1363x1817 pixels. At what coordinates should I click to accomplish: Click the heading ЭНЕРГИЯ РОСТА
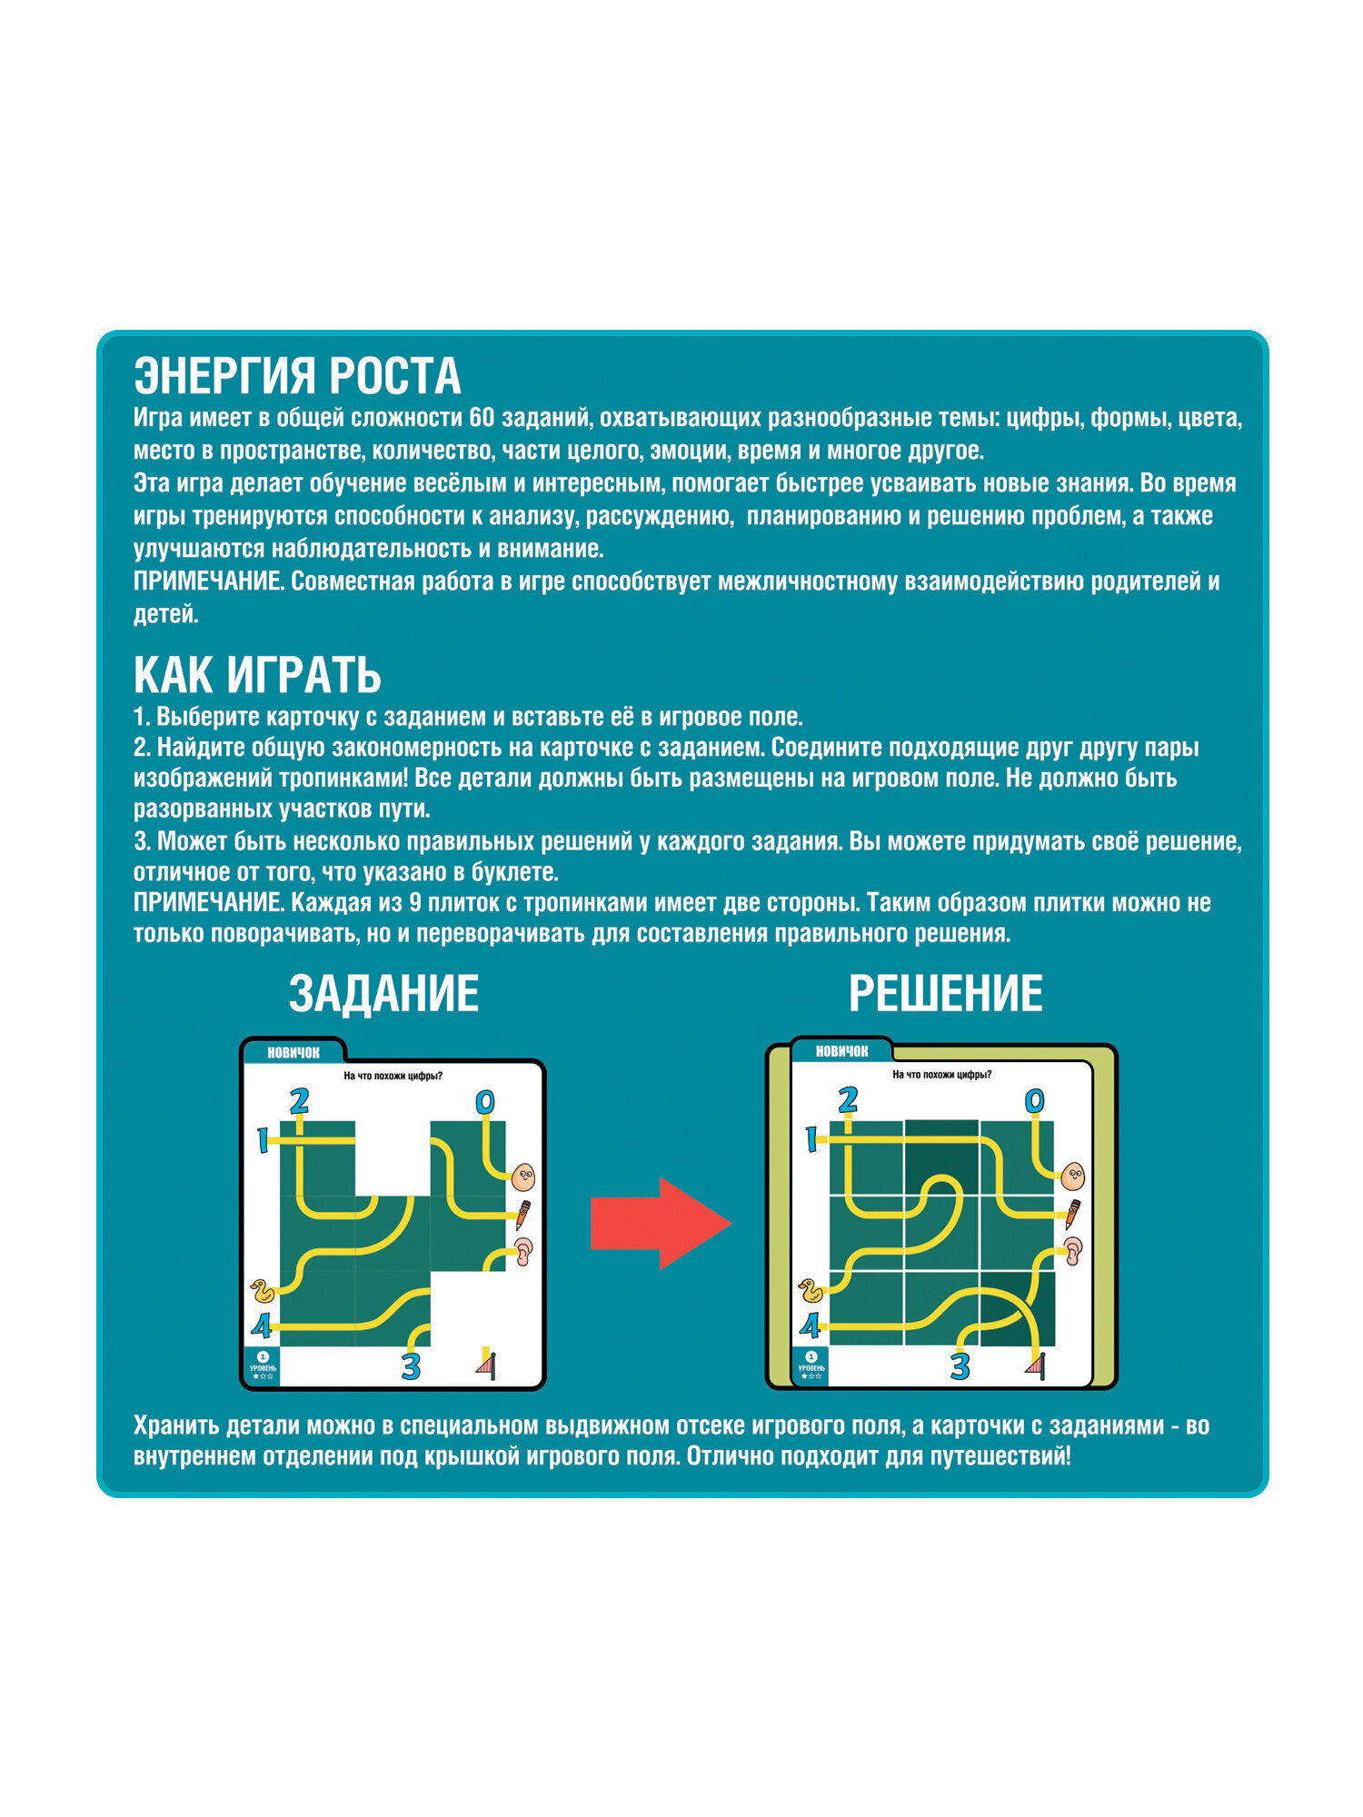(297, 375)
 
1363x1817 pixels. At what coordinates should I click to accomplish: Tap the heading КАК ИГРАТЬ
(257, 675)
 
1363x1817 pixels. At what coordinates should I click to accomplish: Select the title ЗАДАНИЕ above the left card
(383, 993)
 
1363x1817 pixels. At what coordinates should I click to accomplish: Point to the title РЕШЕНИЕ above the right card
(945, 993)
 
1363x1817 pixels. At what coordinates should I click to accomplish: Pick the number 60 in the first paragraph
(481, 418)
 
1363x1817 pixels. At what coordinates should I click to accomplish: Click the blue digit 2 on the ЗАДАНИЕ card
(299, 1101)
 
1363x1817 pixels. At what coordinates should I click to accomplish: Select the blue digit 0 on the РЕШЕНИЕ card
(1034, 1101)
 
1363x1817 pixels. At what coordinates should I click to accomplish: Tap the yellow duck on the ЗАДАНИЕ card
(262, 1290)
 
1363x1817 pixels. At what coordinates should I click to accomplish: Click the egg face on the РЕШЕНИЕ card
(1072, 1177)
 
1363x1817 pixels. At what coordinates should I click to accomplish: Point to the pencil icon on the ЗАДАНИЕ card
(523, 1214)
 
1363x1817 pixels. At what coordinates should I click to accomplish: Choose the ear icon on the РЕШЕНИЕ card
(1073, 1252)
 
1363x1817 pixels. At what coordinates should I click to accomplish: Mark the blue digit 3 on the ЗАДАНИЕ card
(411, 1365)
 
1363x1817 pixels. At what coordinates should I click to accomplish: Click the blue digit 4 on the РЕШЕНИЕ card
(810, 1326)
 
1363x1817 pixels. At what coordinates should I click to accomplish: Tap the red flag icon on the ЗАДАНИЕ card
(488, 1364)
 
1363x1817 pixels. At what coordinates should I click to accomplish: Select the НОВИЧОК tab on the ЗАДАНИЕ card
(293, 1053)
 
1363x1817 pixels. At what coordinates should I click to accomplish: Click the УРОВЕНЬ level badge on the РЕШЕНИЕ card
(811, 1365)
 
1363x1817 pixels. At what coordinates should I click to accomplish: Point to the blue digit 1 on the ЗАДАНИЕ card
(263, 1140)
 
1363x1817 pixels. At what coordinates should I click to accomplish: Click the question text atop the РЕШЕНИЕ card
(941, 1075)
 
